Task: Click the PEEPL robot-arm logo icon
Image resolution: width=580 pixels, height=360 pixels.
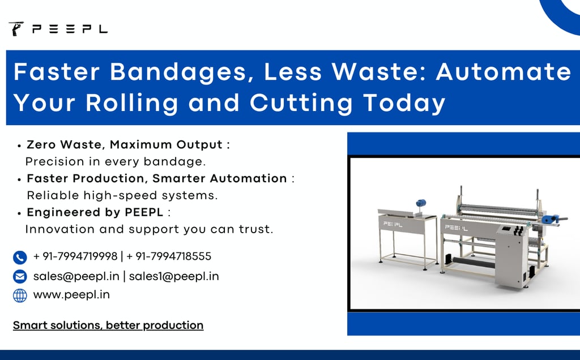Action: coord(16,28)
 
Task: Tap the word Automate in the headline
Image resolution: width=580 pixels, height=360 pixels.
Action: coord(504,71)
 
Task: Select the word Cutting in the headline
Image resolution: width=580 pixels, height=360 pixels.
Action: coord(301,103)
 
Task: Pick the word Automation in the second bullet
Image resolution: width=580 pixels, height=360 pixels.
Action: coord(249,178)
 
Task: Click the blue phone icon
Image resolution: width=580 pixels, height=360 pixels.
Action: coord(20,257)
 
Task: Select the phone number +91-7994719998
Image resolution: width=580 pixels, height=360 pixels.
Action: coord(75,256)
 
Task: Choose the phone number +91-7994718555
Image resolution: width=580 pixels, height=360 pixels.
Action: coord(169,256)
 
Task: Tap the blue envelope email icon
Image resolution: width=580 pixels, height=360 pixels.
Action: coord(20,276)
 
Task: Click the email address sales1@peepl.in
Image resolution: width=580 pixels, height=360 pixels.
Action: coord(174,276)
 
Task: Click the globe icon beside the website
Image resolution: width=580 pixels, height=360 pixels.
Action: coord(20,295)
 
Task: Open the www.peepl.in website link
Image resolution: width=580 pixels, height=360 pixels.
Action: coord(71,295)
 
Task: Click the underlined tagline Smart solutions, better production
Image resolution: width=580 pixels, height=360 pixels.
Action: coord(108,325)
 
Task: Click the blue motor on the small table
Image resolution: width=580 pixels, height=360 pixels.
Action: coord(420,203)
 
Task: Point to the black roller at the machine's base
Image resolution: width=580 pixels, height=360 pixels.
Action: coord(474,263)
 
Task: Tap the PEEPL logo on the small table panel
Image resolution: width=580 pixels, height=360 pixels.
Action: coord(393,224)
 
